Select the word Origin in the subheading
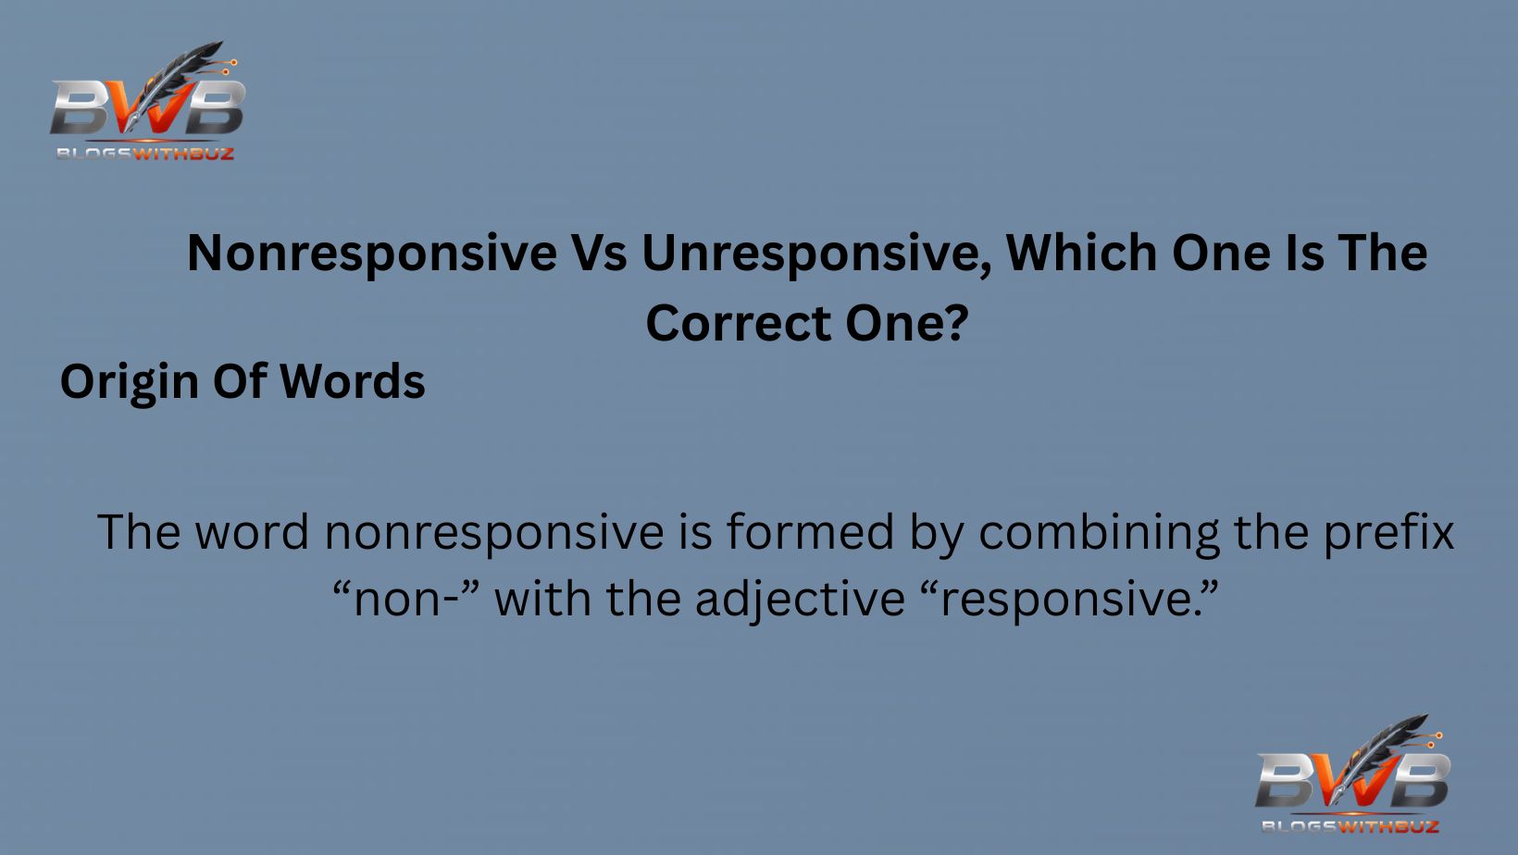(129, 382)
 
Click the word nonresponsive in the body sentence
(494, 532)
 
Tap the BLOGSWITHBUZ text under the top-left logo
(145, 154)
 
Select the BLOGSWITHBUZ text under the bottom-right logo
(1350, 825)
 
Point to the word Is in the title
(1303, 253)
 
